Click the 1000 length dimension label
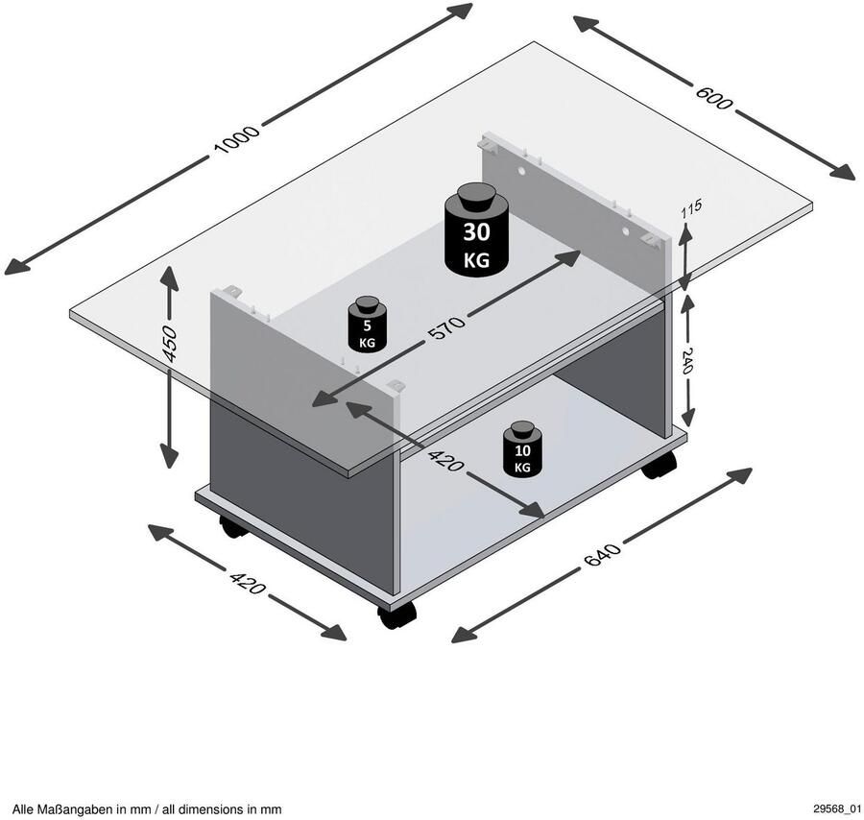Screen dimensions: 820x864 (x=236, y=137)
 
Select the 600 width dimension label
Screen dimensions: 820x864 (x=712, y=96)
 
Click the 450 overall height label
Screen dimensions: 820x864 (x=171, y=344)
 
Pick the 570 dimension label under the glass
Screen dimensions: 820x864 (x=447, y=326)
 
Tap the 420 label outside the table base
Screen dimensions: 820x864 (x=247, y=583)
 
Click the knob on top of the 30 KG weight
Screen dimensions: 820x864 (x=476, y=197)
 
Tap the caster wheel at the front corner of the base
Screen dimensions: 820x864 (x=396, y=615)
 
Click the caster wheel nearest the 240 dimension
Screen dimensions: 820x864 (x=659, y=465)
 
